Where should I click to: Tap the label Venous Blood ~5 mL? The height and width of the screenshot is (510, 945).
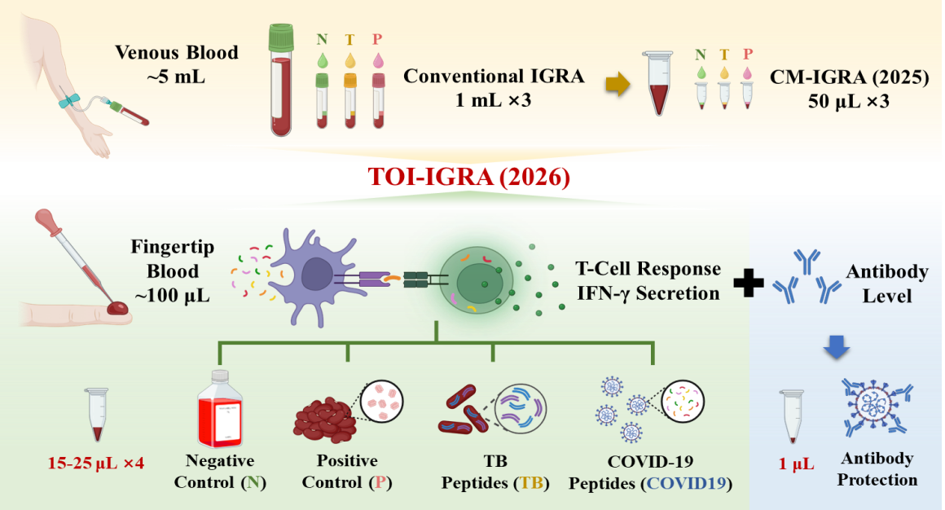(x=176, y=65)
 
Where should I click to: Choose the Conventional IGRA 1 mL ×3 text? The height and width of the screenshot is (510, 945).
(x=494, y=87)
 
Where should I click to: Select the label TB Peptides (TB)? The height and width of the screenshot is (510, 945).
(x=495, y=471)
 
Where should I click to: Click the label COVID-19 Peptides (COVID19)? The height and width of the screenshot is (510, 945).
(x=649, y=471)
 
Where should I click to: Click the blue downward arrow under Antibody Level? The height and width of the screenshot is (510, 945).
(x=841, y=348)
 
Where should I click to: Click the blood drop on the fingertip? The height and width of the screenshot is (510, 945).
(x=120, y=308)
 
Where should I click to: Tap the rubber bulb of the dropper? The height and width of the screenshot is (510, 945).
(x=46, y=222)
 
